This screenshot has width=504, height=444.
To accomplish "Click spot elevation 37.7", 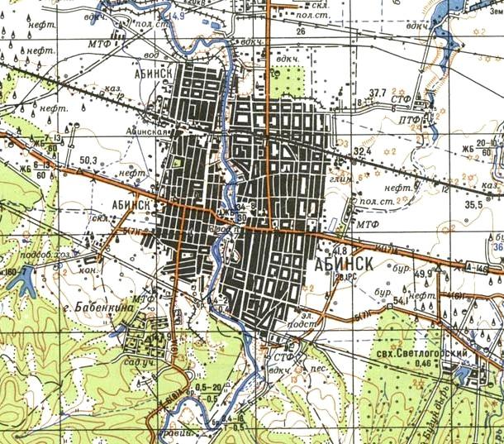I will pyautogui.click(x=379, y=92).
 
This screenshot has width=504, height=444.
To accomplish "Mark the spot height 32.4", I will pyautogui.click(x=364, y=152).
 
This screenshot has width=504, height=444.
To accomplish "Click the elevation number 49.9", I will pyautogui.click(x=424, y=274).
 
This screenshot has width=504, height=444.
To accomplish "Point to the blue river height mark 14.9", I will pyautogui.click(x=175, y=16).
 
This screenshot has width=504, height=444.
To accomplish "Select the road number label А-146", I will pyautogui.click(x=487, y=269).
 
